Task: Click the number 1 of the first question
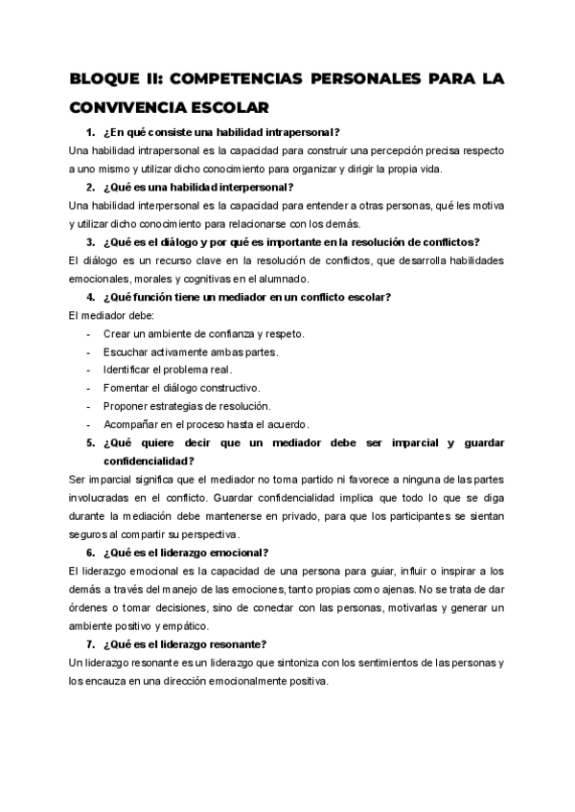[88, 131]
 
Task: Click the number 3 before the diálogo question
[88, 241]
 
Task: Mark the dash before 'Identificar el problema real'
[88, 370]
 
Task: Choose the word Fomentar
[127, 388]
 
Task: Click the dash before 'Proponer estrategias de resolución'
[88, 406]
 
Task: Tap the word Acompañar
[133, 424]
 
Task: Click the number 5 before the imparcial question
[88, 443]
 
